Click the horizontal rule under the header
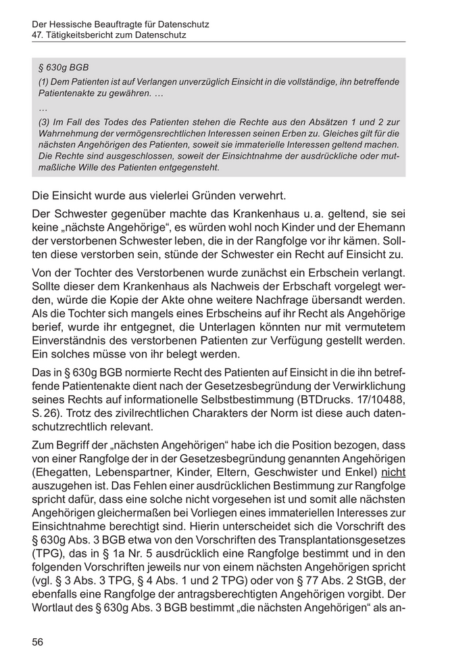click(x=219, y=42)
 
